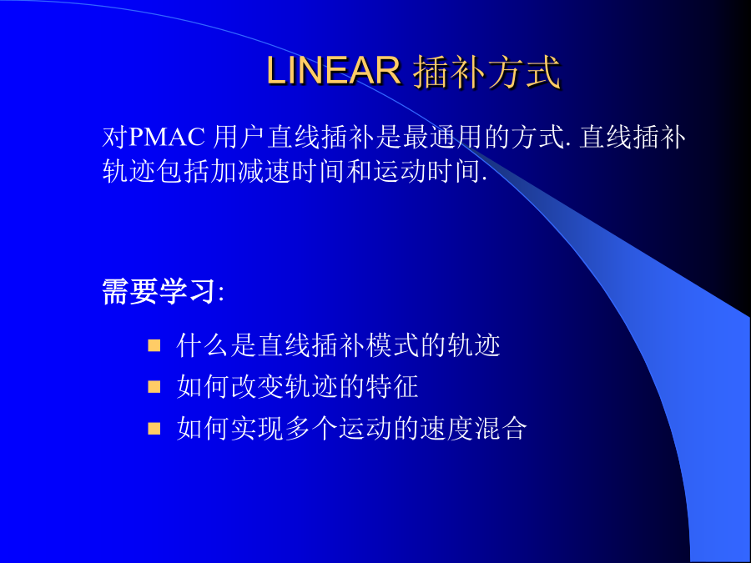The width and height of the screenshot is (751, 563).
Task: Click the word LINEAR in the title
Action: pos(333,71)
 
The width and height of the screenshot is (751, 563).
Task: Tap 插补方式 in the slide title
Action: pos(486,72)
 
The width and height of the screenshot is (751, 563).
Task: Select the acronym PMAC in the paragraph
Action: pos(167,138)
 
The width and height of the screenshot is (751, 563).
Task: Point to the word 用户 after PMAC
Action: pos(239,138)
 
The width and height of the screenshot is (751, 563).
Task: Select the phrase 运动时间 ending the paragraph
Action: pos(426,171)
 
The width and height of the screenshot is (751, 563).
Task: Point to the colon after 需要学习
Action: pos(220,293)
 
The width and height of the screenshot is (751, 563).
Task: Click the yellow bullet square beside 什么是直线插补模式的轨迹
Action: pos(154,345)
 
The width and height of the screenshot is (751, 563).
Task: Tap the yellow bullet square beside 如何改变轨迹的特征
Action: pos(154,386)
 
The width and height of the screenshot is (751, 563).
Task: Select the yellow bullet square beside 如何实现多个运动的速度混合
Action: pos(154,428)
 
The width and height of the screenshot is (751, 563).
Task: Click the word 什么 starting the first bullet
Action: pos(203,345)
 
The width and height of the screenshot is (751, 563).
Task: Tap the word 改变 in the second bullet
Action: pos(257,386)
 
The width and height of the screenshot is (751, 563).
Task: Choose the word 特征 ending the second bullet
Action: pos(392,386)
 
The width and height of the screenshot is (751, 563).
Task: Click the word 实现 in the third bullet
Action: pos(257,428)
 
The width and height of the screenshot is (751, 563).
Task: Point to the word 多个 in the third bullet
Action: pos(311,428)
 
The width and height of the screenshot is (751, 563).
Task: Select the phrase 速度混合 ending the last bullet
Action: pos(474,428)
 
